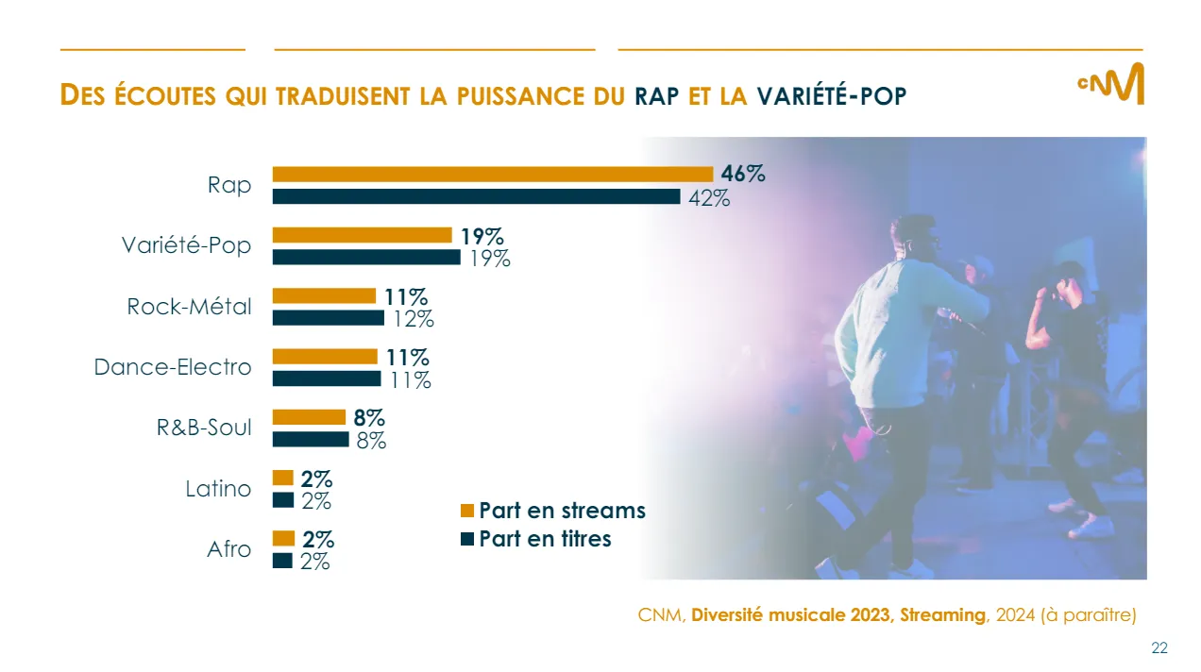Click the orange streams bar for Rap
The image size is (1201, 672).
(492, 174)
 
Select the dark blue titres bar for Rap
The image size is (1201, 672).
(476, 196)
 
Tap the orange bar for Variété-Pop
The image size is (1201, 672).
(363, 235)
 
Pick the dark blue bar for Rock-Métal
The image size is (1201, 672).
(329, 317)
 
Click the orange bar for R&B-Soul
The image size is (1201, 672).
(309, 417)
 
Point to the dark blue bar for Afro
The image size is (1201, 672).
(282, 561)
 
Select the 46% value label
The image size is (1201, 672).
(743, 174)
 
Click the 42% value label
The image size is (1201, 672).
(708, 198)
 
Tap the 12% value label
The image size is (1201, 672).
(414, 319)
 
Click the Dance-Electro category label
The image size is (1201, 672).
(173, 367)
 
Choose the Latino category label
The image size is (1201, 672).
(219, 489)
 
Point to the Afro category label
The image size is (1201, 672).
(229, 549)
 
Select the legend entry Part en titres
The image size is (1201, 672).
(545, 539)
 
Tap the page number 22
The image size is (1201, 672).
(1159, 647)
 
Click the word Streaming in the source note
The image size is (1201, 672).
(942, 615)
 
